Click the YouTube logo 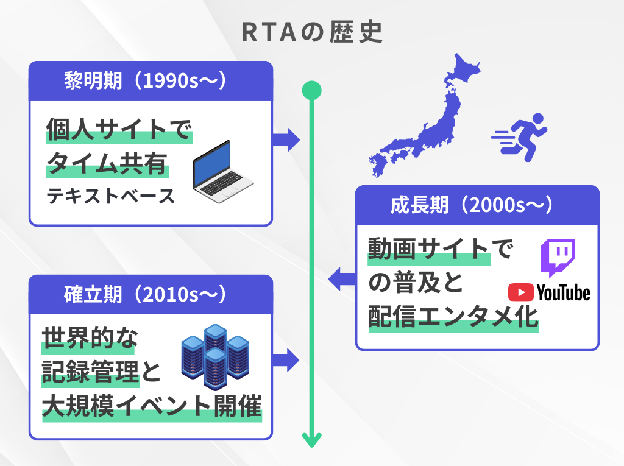click(549, 293)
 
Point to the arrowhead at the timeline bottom click(311, 440)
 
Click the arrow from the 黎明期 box click(285, 139)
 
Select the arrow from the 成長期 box click(342, 280)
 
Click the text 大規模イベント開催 click(152, 406)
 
